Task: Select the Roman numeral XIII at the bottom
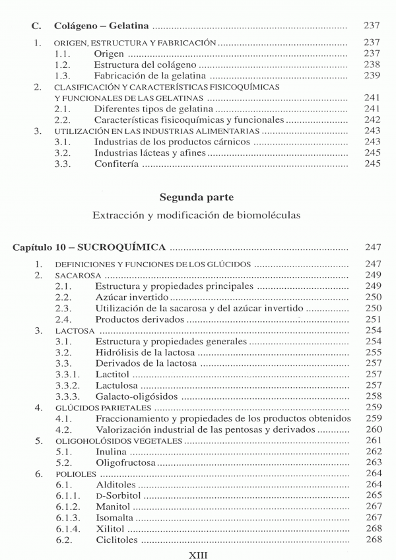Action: point(197,554)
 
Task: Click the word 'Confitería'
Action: point(117,164)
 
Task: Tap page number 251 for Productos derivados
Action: point(373,319)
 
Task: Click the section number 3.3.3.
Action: point(69,396)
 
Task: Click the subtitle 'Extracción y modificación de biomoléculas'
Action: point(197,216)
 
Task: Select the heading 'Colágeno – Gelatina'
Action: point(102,26)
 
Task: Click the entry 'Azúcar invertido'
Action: point(131,297)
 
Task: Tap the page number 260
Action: point(373,429)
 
